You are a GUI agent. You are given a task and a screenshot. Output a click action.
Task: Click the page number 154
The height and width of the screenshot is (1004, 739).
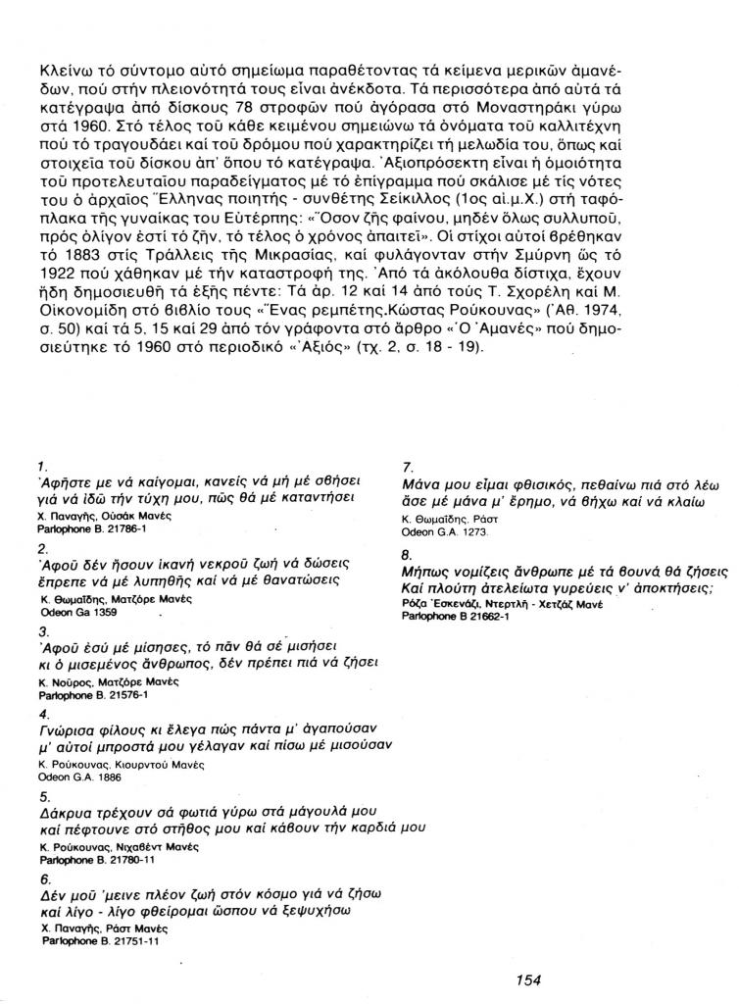click(x=528, y=979)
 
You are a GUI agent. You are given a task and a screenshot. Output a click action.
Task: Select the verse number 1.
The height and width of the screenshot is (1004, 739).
click(x=40, y=466)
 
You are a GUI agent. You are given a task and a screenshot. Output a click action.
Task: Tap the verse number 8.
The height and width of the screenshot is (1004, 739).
click(x=407, y=554)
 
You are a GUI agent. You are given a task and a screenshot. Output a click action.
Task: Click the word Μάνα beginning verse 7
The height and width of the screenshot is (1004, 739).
click(x=422, y=484)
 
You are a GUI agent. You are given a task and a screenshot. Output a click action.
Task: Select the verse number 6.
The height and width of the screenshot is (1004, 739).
click(x=41, y=879)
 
